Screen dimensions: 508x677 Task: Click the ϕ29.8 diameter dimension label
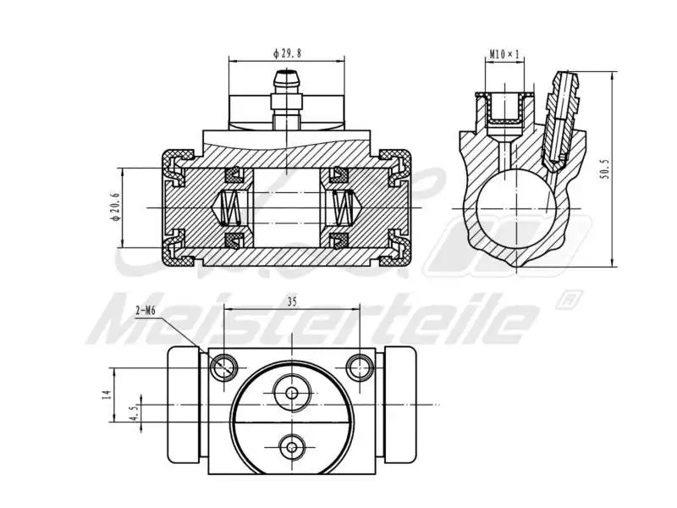(287, 52)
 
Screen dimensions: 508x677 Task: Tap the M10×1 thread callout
(505, 56)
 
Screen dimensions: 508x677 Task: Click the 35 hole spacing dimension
(292, 301)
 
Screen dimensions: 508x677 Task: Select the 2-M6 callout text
(146, 311)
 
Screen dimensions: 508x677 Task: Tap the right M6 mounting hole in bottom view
(360, 367)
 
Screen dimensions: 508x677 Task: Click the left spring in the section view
(232, 207)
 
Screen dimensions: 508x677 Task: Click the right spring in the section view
(343, 207)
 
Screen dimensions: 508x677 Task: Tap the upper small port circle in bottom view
(293, 393)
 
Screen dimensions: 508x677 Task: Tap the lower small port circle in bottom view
(293, 445)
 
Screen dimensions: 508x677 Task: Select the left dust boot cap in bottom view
(183, 406)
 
